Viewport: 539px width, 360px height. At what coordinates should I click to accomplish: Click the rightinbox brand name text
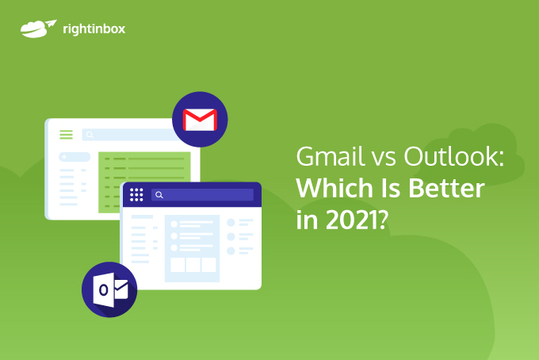click(x=94, y=29)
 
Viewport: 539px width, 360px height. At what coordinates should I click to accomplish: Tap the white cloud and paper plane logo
click(x=38, y=29)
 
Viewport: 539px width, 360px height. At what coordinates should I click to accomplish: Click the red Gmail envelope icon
click(x=200, y=120)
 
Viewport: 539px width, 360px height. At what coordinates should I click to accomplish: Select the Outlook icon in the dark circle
click(x=110, y=290)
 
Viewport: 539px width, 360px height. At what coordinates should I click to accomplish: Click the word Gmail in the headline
click(x=330, y=156)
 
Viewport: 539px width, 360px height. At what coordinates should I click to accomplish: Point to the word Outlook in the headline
click(x=453, y=156)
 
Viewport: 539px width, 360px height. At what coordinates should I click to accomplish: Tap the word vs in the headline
click(x=384, y=159)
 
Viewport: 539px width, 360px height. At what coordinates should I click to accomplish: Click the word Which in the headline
click(x=334, y=188)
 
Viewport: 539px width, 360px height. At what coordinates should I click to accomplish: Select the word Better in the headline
click(x=446, y=189)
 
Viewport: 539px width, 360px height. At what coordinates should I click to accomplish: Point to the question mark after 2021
click(x=383, y=220)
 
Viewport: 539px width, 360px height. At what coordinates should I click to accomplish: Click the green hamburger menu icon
click(x=66, y=135)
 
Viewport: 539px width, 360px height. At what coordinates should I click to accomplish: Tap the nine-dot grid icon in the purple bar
click(x=136, y=194)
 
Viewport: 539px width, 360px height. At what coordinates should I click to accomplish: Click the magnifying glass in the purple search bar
click(x=159, y=195)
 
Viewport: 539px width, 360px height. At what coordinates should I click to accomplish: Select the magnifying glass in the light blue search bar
click(x=90, y=135)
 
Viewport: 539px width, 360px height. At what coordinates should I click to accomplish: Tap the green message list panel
click(x=144, y=182)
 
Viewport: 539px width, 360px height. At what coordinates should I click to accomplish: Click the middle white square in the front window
click(x=193, y=265)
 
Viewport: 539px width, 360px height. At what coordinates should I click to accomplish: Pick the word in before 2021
click(x=308, y=220)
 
